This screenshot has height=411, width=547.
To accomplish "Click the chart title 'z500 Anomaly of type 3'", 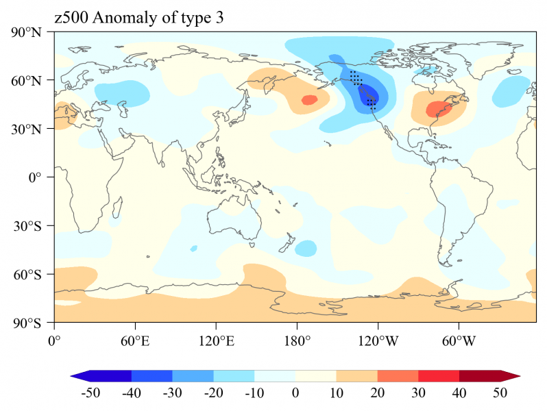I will click(138, 18).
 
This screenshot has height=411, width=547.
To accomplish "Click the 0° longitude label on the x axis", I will click(54, 339).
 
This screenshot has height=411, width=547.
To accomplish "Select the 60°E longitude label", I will click(135, 339).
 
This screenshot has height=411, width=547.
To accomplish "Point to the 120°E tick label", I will click(216, 339).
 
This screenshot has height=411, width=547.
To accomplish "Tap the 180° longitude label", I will click(297, 339).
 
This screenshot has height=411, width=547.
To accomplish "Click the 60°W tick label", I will click(459, 339).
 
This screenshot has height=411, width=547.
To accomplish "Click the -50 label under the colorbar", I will click(90, 393).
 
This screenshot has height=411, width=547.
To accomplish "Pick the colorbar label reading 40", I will click(459, 393).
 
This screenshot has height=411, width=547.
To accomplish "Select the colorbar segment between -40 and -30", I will click(151, 375).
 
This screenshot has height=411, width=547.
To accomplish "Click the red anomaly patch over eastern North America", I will click(438, 109).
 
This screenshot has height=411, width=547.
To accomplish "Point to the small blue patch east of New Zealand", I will click(306, 247).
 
